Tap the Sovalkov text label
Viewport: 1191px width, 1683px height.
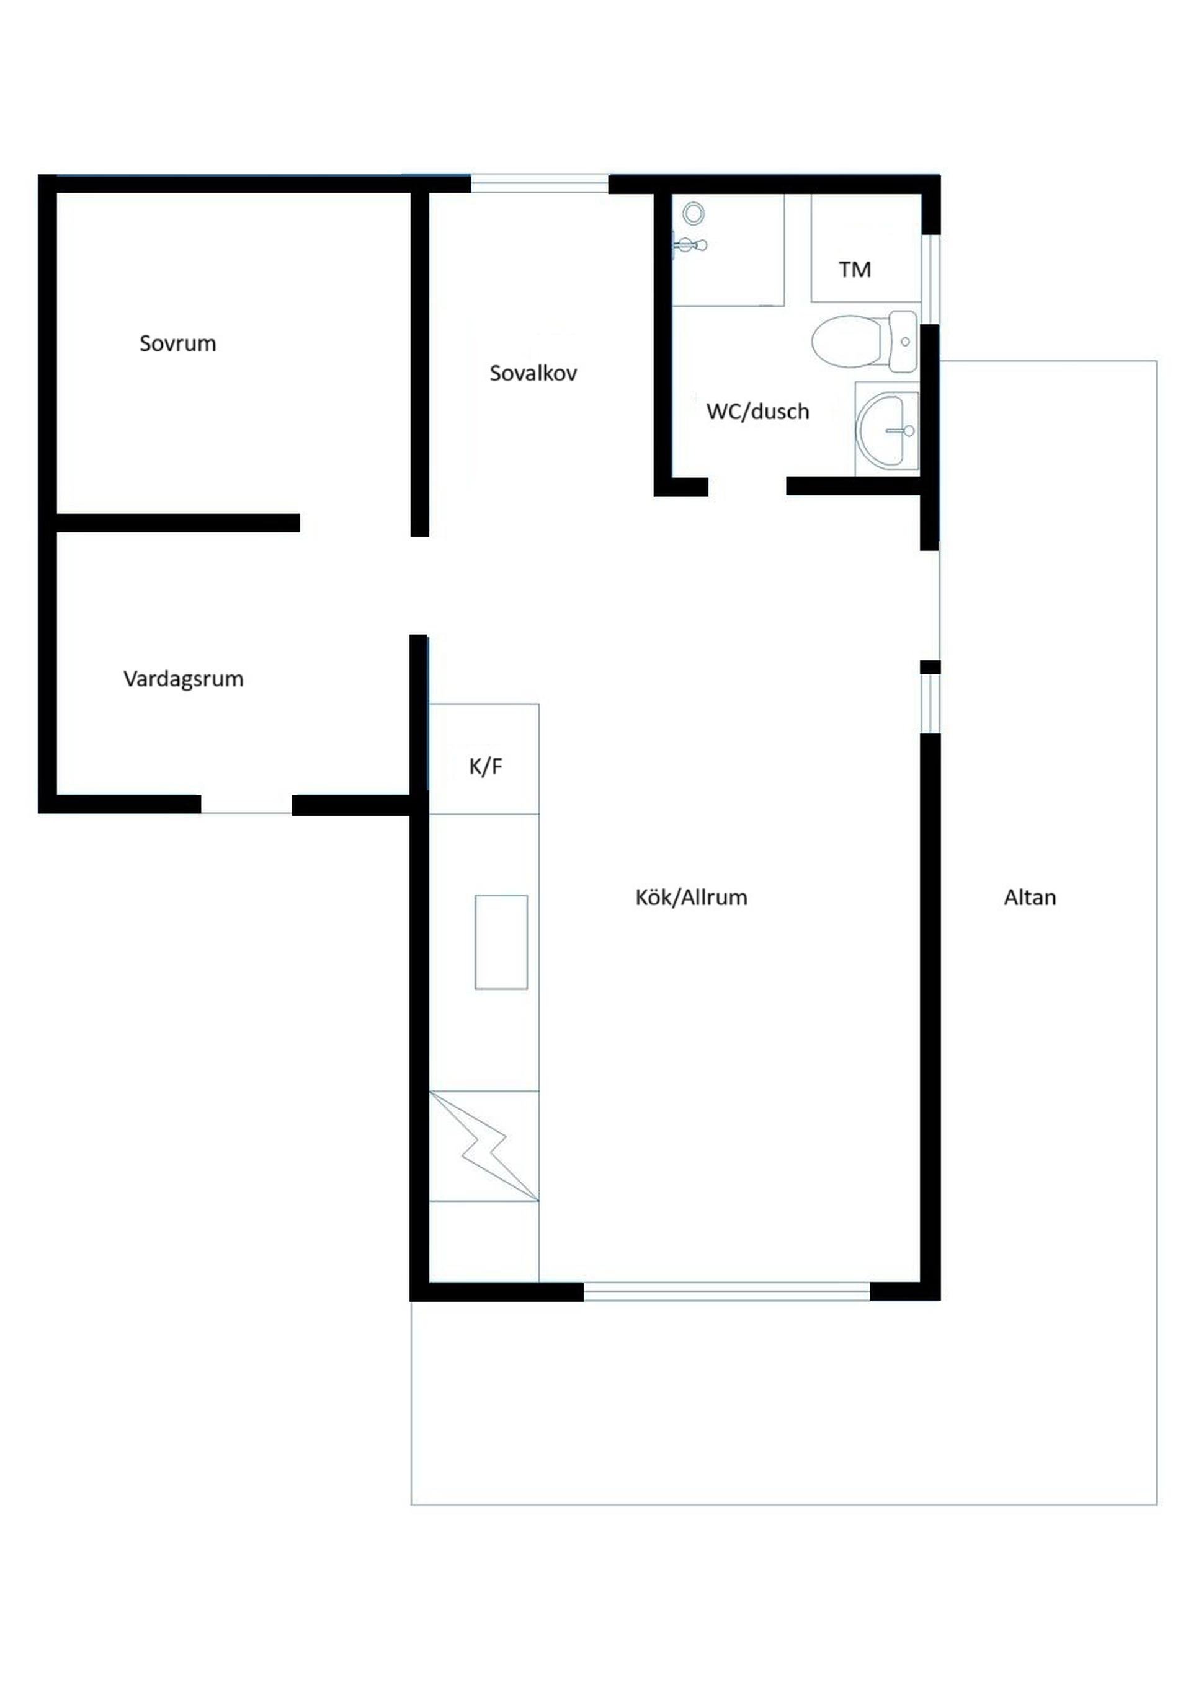click(x=533, y=373)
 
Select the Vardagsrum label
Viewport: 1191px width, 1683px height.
click(x=184, y=679)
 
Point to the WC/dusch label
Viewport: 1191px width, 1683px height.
click(x=757, y=411)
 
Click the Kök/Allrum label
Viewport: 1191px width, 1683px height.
click(x=691, y=897)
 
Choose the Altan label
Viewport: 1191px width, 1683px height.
click(x=1030, y=897)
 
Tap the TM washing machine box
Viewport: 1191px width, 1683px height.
click(x=865, y=248)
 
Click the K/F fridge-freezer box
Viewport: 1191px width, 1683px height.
click(x=484, y=759)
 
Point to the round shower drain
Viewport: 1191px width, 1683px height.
click(x=694, y=214)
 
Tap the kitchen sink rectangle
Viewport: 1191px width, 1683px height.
click(x=501, y=942)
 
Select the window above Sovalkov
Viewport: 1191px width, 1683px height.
click(x=539, y=183)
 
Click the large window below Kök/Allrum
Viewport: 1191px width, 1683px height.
click(x=727, y=1292)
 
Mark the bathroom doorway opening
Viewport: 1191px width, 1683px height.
click(x=747, y=486)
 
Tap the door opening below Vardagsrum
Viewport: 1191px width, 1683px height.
click(x=246, y=804)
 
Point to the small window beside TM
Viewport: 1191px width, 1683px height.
click(x=930, y=278)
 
